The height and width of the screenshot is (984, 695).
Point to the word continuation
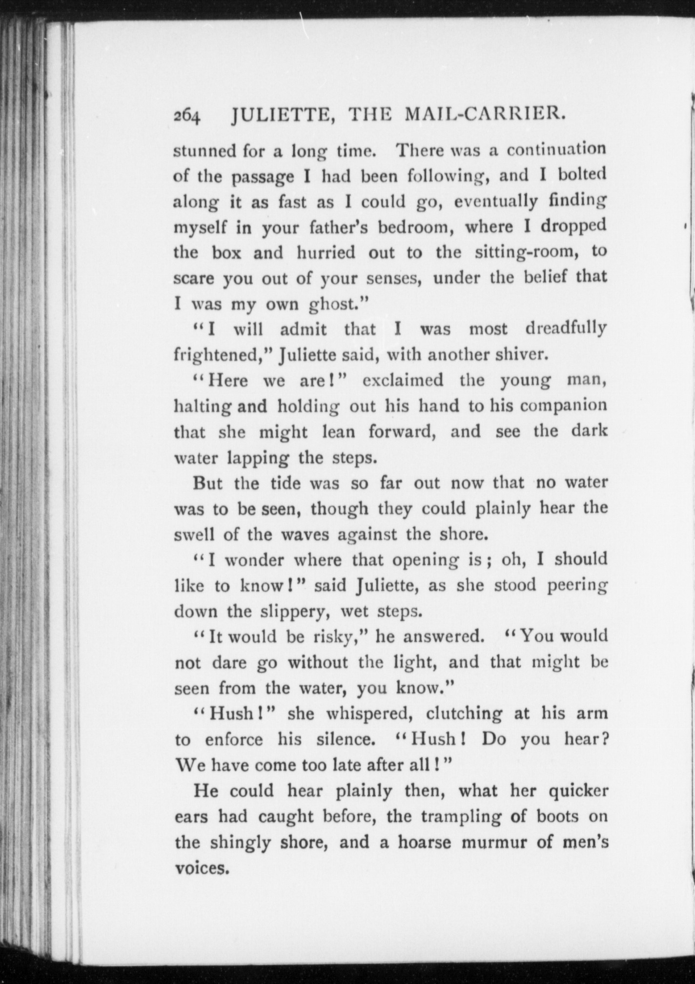[x=556, y=149]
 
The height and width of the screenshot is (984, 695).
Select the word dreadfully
[x=566, y=328]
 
